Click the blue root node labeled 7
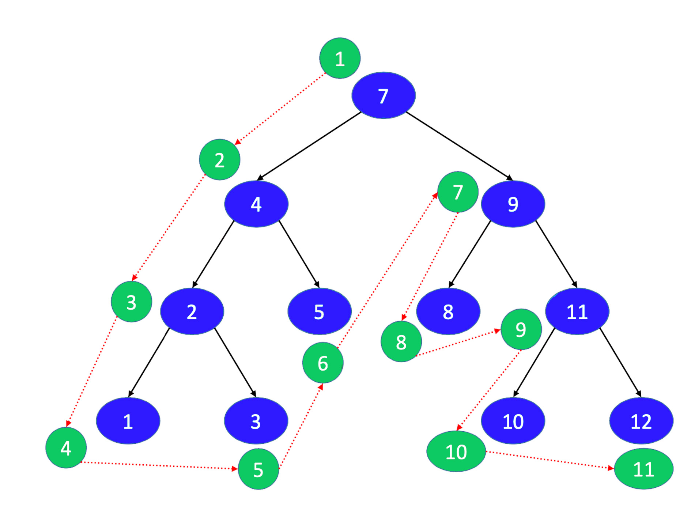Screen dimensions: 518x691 pos(383,95)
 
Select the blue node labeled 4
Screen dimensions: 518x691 pos(256,204)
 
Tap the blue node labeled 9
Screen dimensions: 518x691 pos(513,204)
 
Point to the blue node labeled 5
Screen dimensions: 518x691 pos(319,311)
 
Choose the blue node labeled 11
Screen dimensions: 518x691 pos(577,311)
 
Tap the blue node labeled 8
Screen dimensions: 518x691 pos(448,311)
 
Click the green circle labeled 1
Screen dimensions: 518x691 pos(340,58)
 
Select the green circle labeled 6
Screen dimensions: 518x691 pos(323,363)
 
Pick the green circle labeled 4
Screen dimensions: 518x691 pos(66,447)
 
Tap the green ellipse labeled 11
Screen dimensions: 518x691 pos(643,469)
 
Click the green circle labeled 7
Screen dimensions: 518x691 pos(458,192)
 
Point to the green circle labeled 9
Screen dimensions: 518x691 pos(521,329)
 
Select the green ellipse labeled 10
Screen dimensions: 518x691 pos(456,451)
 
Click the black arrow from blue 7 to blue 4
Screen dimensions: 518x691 pos(309,146)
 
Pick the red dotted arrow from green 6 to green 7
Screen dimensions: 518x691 pos(388,271)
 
